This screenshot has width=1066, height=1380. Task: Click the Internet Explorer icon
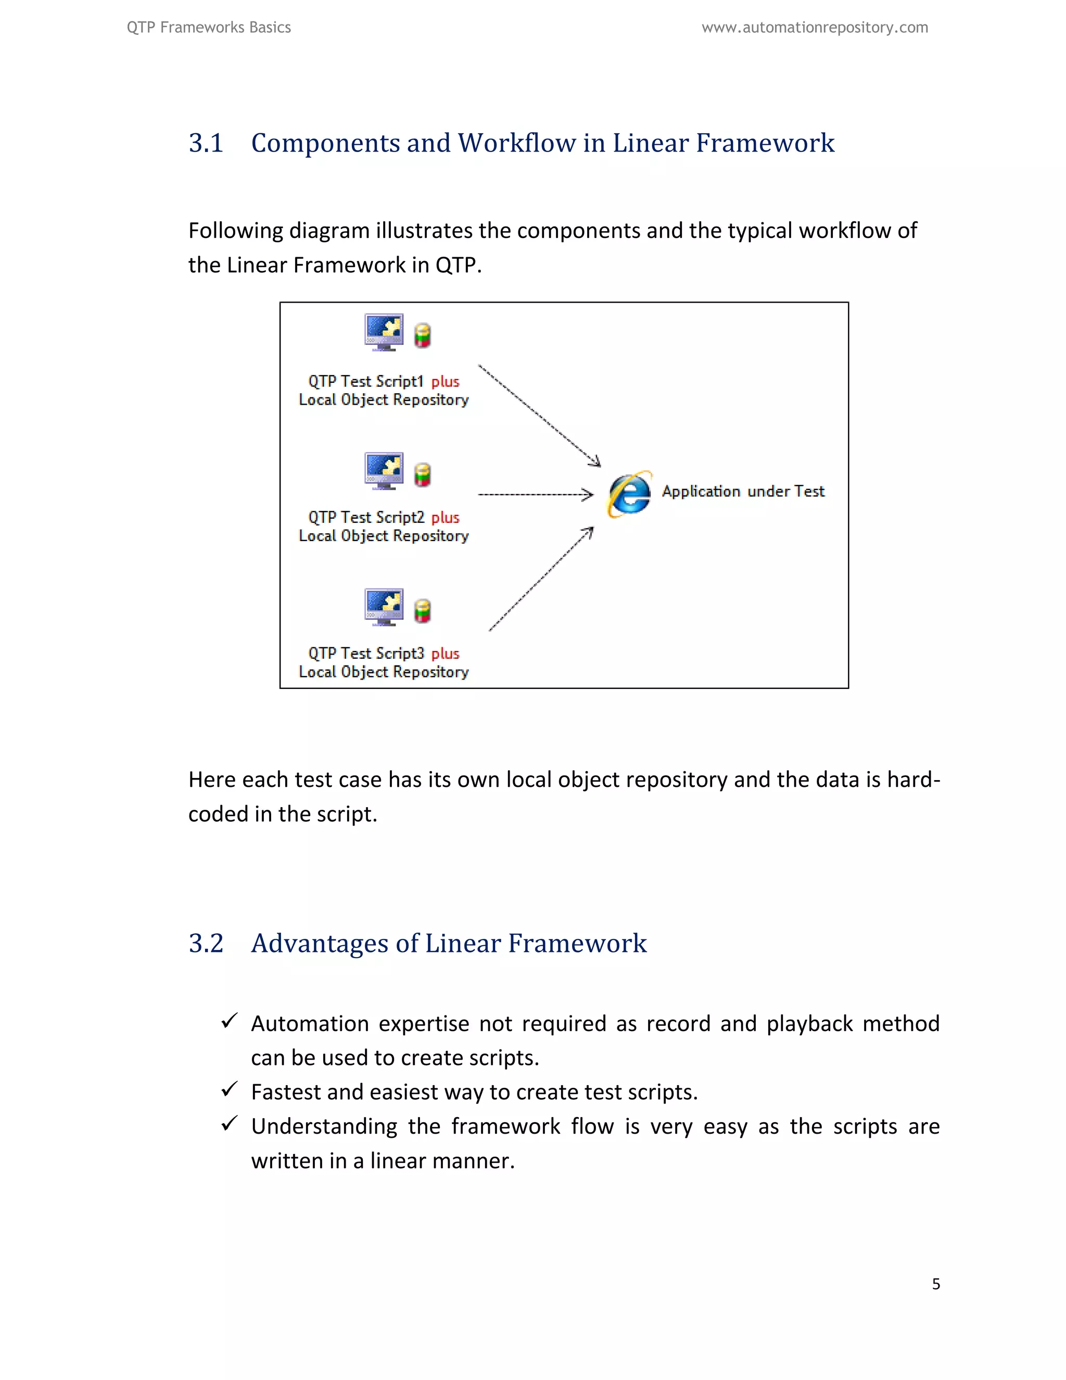(629, 494)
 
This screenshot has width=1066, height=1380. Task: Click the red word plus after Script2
(445, 518)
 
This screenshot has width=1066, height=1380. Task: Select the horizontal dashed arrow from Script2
(536, 494)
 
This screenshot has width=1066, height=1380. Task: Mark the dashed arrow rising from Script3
(541, 579)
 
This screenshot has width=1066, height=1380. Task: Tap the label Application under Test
(743, 492)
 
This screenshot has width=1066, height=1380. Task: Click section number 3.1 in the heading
(206, 143)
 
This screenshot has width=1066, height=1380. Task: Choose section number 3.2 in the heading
(206, 944)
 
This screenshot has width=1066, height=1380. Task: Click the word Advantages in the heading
(320, 944)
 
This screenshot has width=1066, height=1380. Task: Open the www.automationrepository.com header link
(815, 28)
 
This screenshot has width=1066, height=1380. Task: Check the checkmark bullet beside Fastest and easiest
(229, 1089)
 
